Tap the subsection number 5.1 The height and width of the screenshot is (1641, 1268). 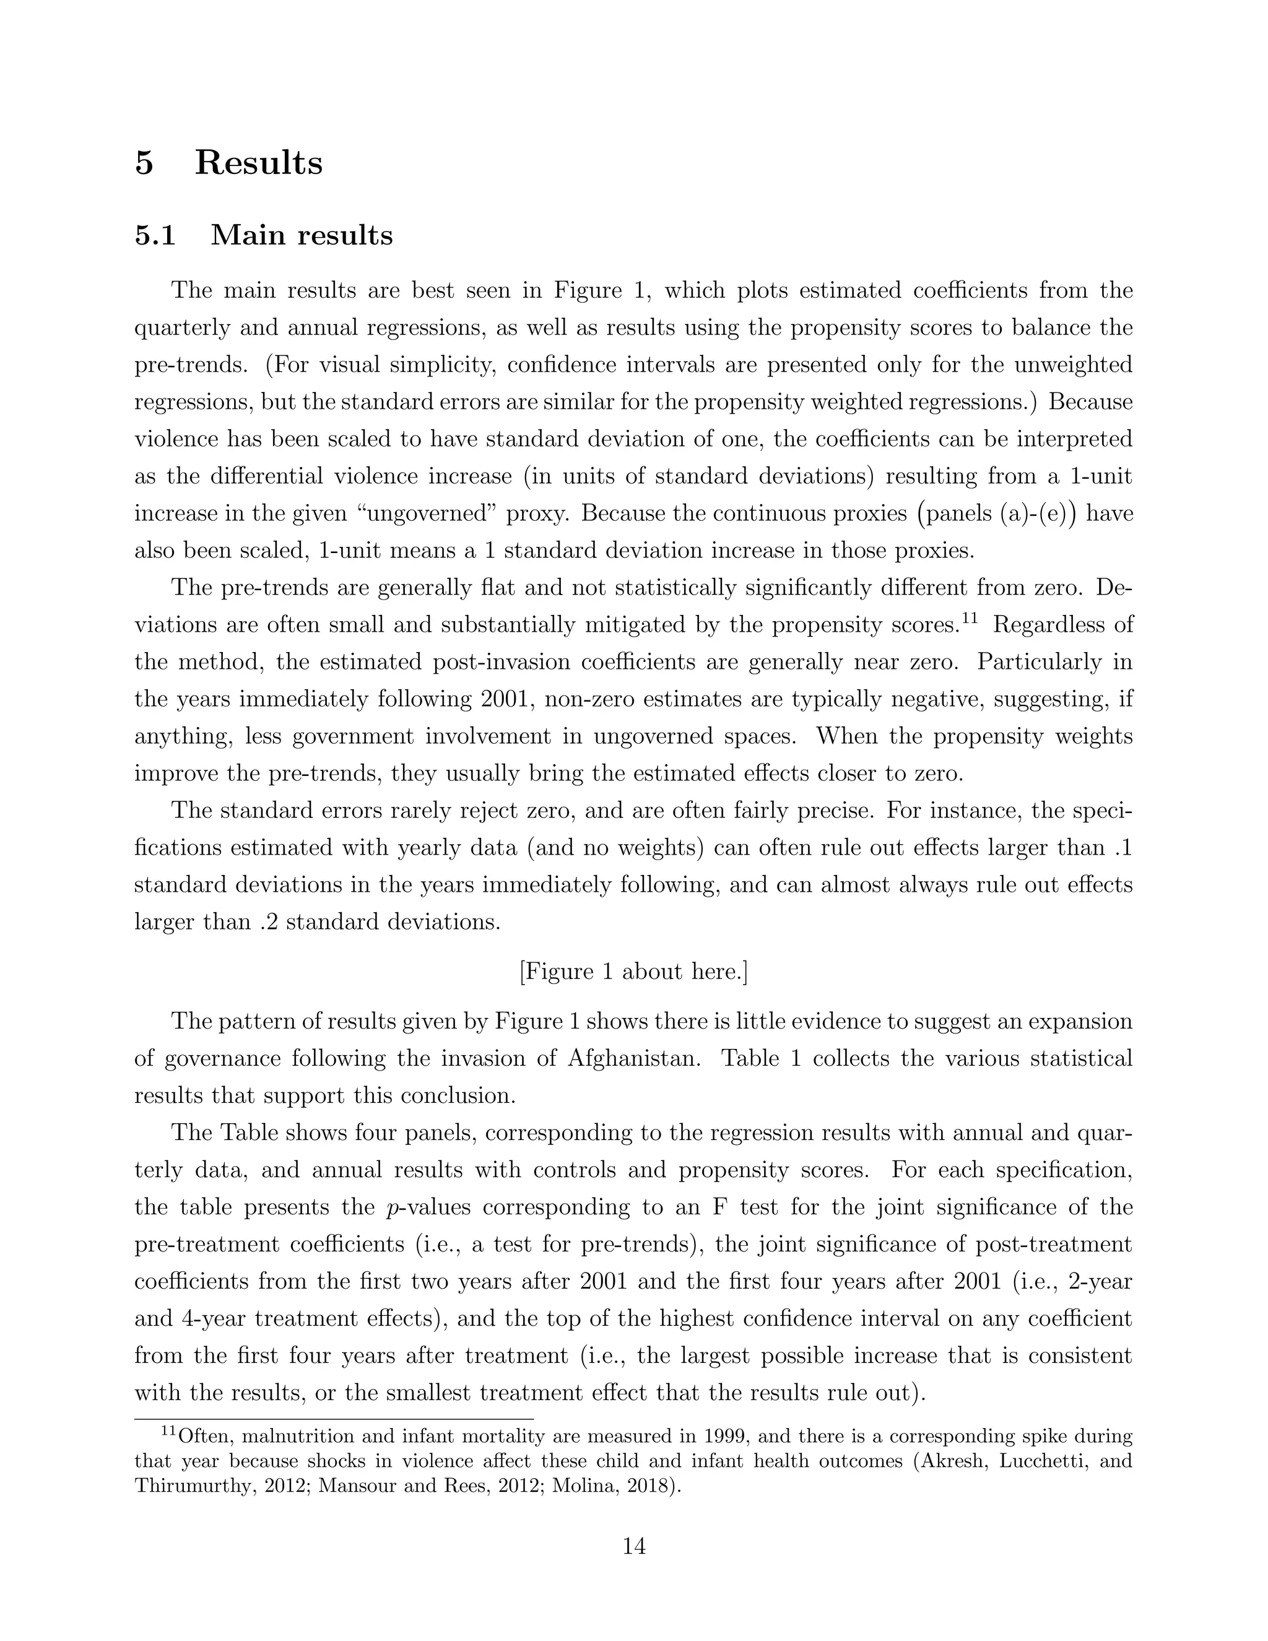tap(155, 235)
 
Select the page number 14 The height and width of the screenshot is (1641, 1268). tap(634, 1546)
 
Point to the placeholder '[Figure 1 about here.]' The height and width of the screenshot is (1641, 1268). tap(633, 972)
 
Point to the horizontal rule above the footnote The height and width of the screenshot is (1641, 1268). tap(334, 1419)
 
